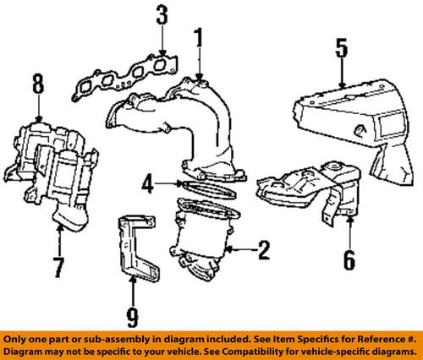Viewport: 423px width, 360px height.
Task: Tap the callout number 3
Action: pos(162,16)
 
